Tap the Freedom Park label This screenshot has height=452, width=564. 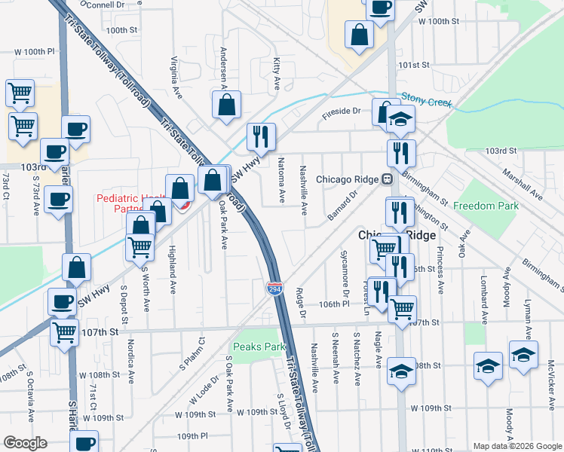pos(489,206)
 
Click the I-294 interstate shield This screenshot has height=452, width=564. pos(274,289)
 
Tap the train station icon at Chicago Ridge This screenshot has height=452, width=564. pos(387,179)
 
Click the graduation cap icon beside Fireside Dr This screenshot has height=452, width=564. pos(401,120)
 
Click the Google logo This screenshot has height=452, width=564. pos(25,443)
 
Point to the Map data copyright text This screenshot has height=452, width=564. pos(516,446)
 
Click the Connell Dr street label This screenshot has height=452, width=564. pos(105,5)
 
